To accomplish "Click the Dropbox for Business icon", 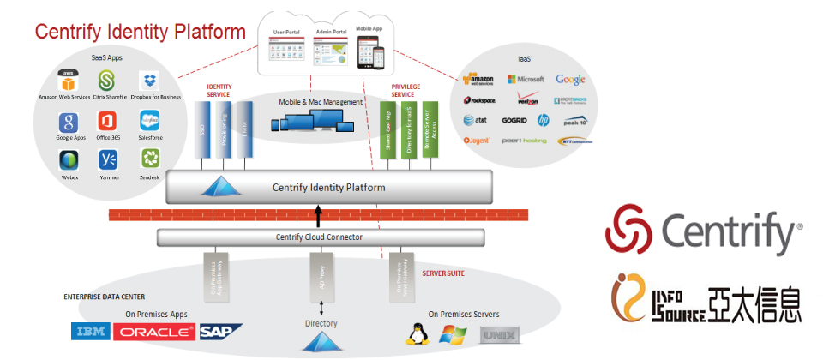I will click(151, 81).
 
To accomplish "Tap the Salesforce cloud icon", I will click(151, 121).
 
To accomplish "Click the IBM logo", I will click(90, 332).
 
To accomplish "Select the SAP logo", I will click(220, 332).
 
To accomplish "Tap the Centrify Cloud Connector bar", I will click(320, 237).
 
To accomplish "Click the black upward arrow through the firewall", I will click(318, 214).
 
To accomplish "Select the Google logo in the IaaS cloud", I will click(570, 80).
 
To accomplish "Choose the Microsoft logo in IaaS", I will click(526, 80).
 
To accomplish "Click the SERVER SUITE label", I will click(445, 273).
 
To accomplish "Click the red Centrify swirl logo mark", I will click(629, 230).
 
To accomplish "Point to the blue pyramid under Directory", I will click(317, 342).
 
